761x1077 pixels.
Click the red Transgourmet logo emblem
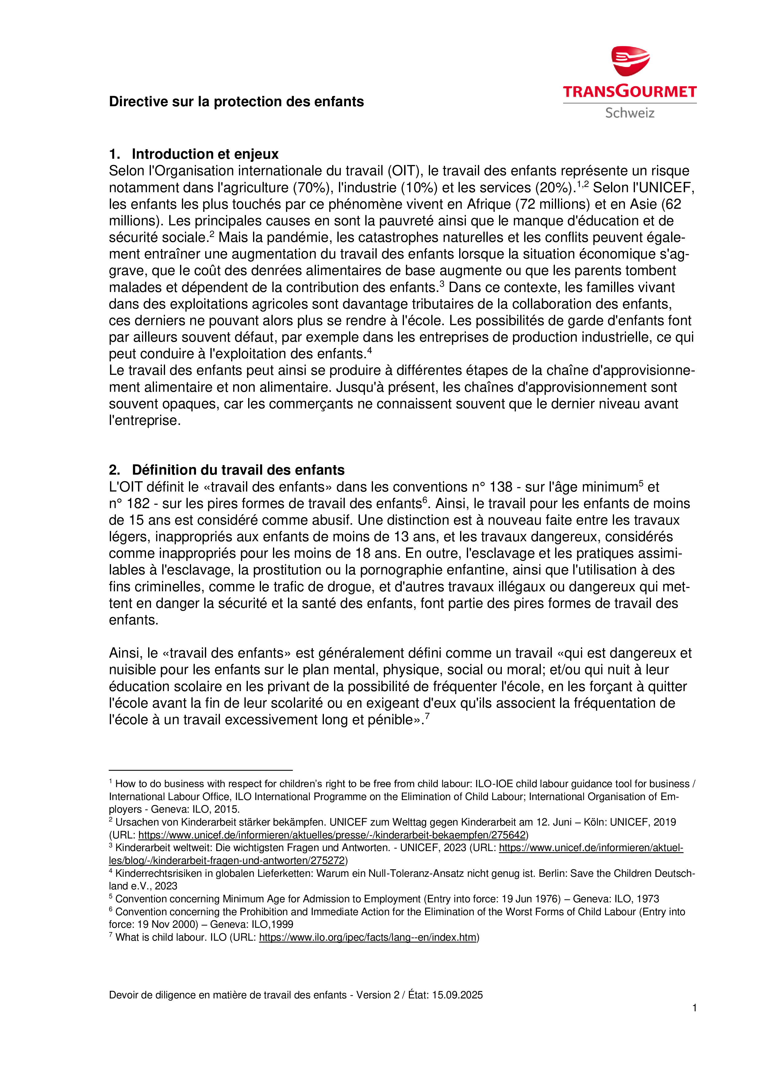tap(630, 61)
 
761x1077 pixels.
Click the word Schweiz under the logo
tap(629, 113)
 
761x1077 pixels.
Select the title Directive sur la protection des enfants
tap(236, 102)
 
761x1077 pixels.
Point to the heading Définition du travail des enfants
tap(238, 470)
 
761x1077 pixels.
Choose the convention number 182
tap(138, 504)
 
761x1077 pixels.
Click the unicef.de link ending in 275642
tap(333, 835)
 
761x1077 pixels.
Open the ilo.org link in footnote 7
tap(368, 937)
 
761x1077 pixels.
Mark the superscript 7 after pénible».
tap(427, 716)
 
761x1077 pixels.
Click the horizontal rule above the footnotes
tap(201, 770)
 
